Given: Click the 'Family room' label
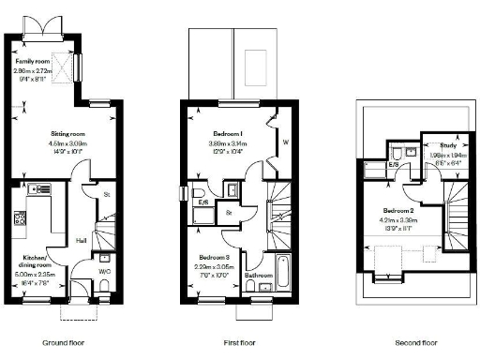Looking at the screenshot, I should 30,61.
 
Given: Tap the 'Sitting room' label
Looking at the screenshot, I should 67,135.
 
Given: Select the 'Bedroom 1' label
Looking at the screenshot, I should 224,135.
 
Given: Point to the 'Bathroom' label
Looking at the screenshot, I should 258,275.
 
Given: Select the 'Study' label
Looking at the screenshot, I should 439,145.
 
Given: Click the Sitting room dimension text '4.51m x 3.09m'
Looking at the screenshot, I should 67,143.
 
